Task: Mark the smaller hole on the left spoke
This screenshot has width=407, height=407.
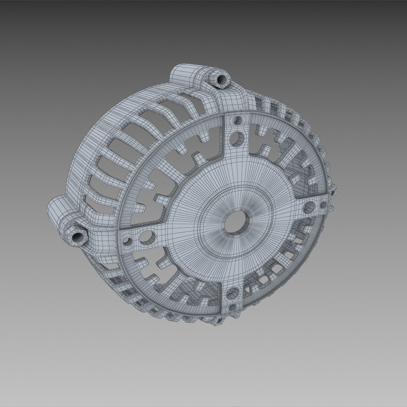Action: pyautogui.click(x=128, y=242)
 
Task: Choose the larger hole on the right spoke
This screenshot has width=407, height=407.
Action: pyautogui.click(x=309, y=206)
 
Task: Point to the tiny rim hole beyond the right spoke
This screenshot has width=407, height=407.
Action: pyautogui.click(x=332, y=194)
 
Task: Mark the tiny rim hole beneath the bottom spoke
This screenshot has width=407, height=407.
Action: pyautogui.click(x=217, y=321)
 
